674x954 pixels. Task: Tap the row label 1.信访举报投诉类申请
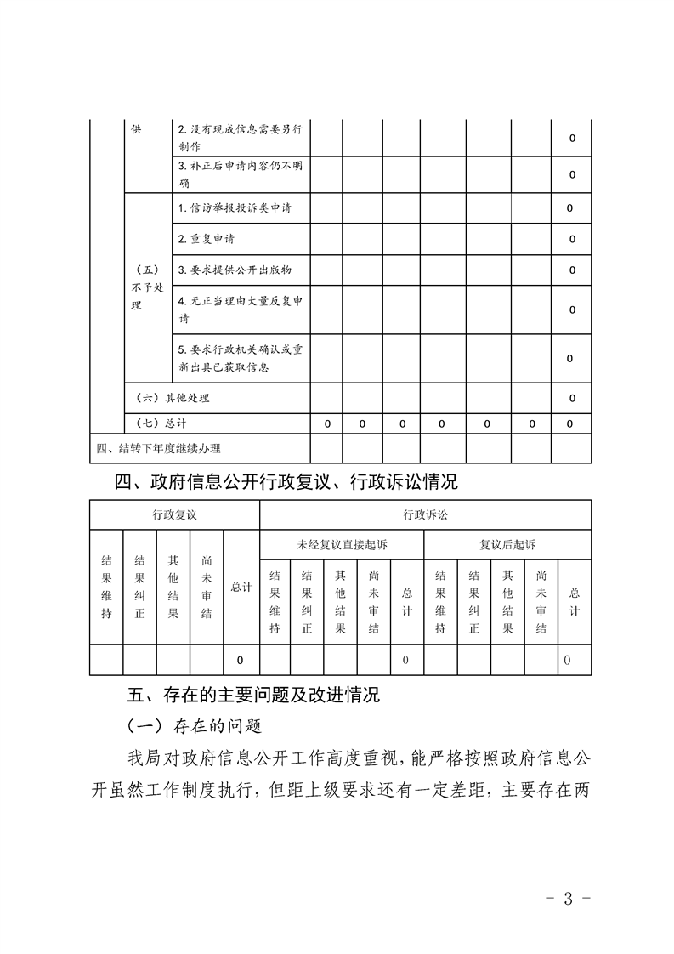(x=235, y=207)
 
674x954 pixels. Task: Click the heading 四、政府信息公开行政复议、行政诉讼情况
(x=286, y=482)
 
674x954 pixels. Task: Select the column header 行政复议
(x=174, y=514)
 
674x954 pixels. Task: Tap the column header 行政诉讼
(x=425, y=514)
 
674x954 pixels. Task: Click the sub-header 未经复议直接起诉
(x=341, y=544)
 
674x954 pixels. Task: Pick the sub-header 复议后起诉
(x=507, y=544)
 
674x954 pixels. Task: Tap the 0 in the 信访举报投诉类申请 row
(x=570, y=208)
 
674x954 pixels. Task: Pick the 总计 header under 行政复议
(x=241, y=588)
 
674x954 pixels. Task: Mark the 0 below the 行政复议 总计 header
(x=241, y=660)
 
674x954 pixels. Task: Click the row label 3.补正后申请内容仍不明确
(x=241, y=174)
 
